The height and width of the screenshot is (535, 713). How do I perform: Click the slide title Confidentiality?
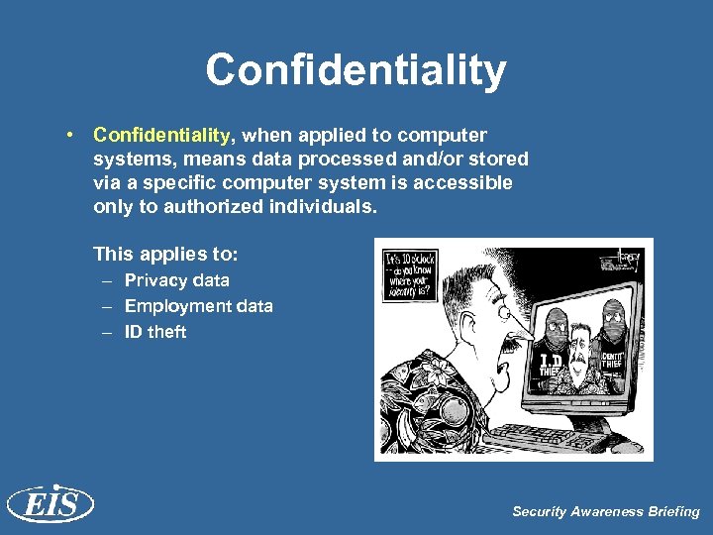(356, 71)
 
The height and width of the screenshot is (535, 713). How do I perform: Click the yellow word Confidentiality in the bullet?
(162, 135)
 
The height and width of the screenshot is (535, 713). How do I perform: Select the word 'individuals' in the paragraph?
(328, 206)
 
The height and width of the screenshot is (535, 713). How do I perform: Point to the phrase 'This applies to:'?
(165, 254)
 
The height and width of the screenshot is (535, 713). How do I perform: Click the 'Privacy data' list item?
(176, 280)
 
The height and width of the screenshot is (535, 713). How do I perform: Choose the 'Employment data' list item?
(198, 306)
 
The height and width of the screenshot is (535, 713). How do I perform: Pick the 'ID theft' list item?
(154, 332)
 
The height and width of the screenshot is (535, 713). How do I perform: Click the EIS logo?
(51, 504)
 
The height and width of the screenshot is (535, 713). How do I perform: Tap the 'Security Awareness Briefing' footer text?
(605, 511)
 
